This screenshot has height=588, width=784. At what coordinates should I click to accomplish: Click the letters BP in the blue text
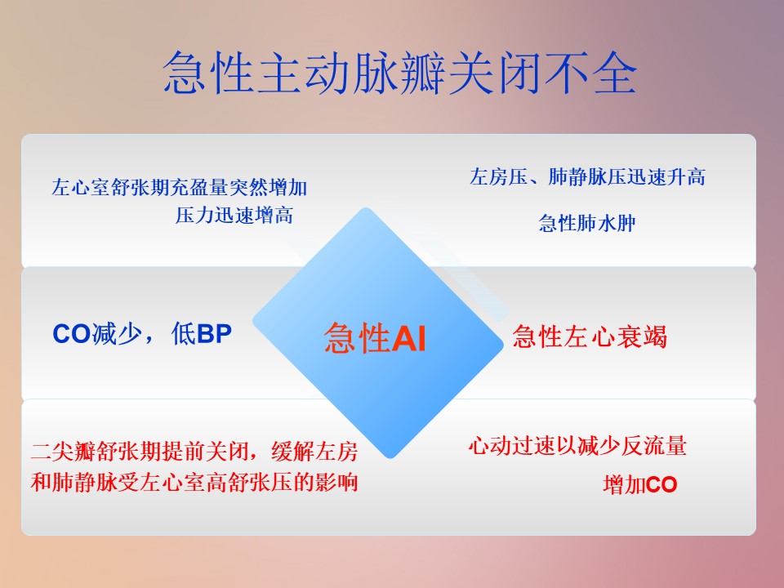point(215,334)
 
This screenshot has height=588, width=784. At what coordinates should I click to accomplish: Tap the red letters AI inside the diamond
point(408,338)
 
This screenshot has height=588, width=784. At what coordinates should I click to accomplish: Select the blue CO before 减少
point(72,334)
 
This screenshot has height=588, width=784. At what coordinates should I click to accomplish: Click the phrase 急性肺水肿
point(587,223)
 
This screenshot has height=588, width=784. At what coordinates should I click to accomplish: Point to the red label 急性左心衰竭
point(590,336)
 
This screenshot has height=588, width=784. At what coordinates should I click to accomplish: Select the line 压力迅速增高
point(234,216)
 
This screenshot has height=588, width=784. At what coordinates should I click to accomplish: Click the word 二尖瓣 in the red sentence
point(63,451)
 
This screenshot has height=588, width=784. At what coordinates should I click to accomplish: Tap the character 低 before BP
point(183,334)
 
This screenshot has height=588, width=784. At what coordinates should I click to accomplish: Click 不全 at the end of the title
point(590,73)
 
